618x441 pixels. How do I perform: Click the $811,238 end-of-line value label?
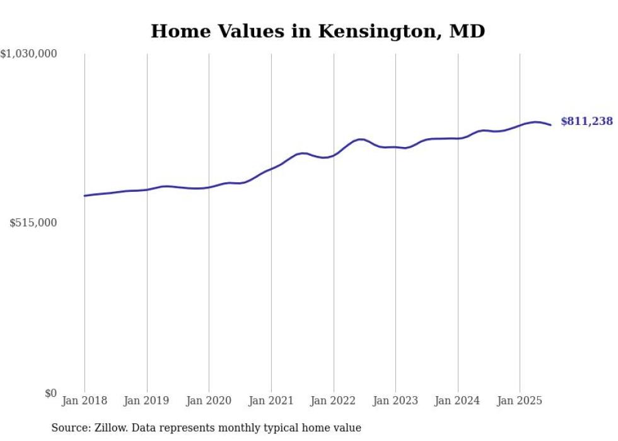pyautogui.click(x=586, y=121)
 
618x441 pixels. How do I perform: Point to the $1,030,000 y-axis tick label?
pyautogui.click(x=29, y=54)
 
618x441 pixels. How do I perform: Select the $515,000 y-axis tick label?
pyautogui.click(x=33, y=223)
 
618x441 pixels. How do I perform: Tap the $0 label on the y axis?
pyautogui.click(x=50, y=393)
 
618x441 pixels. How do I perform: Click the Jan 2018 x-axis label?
pyautogui.click(x=85, y=401)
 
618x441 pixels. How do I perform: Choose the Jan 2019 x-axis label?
pyautogui.click(x=147, y=401)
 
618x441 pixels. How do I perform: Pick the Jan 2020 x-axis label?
pyautogui.click(x=209, y=401)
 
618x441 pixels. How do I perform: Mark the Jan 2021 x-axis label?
pyautogui.click(x=271, y=401)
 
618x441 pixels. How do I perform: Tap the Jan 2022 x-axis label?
pyautogui.click(x=334, y=401)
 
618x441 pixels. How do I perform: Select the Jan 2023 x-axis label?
pyautogui.click(x=395, y=401)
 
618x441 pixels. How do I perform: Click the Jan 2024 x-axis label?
pyautogui.click(x=458, y=401)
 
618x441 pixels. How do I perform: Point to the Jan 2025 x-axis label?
pyautogui.click(x=520, y=401)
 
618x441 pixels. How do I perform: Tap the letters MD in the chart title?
pyautogui.click(x=467, y=32)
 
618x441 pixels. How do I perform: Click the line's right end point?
pyautogui.click(x=551, y=125)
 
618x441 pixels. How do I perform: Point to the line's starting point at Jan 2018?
pyautogui.click(x=85, y=196)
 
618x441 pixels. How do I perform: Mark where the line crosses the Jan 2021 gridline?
pyautogui.click(x=271, y=168)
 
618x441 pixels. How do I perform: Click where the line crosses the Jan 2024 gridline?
pyautogui.click(x=458, y=138)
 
